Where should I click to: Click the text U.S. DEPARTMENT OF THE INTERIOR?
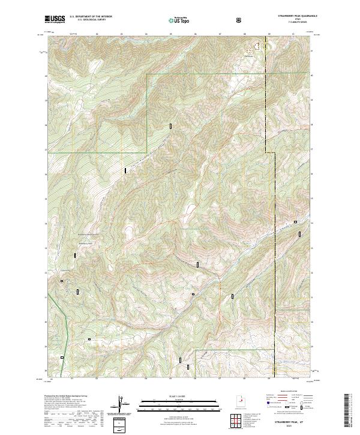[91, 17]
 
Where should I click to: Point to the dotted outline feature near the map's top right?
[259, 44]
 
